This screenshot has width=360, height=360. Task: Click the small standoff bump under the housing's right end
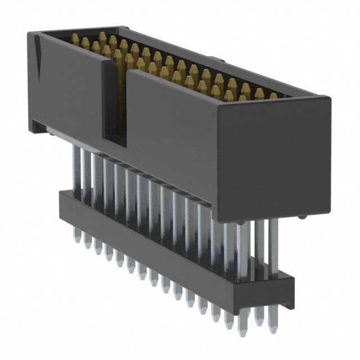coord(303,217)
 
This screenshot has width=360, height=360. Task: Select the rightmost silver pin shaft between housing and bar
coord(273,242)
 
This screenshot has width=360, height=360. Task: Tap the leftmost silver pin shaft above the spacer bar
coord(75,169)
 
